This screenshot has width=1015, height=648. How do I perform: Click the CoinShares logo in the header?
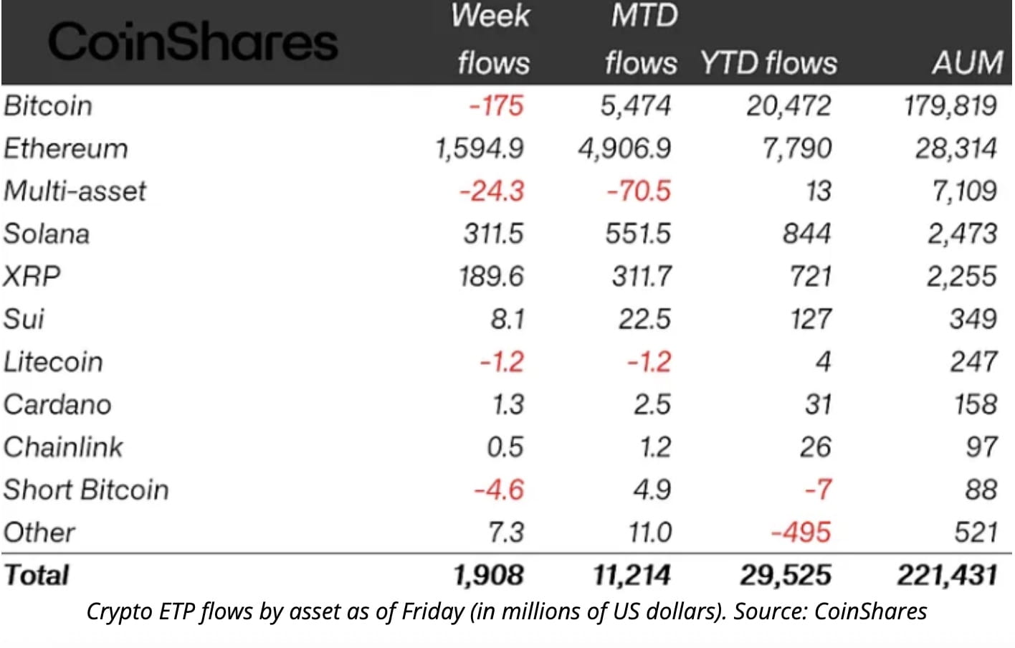click(192, 42)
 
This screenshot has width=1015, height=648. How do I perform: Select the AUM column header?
click(967, 63)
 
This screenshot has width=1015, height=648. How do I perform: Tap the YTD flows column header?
click(768, 63)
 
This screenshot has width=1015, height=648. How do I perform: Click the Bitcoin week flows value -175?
click(497, 106)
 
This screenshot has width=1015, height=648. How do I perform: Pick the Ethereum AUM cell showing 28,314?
click(956, 148)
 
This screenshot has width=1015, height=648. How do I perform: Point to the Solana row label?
click(47, 234)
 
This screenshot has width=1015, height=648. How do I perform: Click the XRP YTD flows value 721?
click(810, 276)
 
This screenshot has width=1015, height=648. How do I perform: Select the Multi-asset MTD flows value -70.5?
click(639, 191)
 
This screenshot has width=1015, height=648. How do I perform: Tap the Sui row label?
click(24, 319)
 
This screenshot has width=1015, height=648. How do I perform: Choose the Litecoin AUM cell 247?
click(973, 361)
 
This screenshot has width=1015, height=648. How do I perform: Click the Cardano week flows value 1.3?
click(507, 404)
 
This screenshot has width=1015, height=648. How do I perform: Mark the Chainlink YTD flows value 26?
click(815, 447)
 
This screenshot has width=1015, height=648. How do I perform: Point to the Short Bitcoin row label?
click(86, 490)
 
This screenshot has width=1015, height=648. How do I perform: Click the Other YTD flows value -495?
click(801, 533)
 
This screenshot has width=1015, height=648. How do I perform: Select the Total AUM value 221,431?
click(947, 575)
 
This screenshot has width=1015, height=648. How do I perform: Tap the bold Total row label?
click(37, 575)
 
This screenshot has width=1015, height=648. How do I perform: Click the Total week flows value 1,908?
click(488, 575)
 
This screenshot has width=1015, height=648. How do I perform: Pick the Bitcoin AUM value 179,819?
click(950, 106)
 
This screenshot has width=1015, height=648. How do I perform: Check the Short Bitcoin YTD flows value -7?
click(818, 490)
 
